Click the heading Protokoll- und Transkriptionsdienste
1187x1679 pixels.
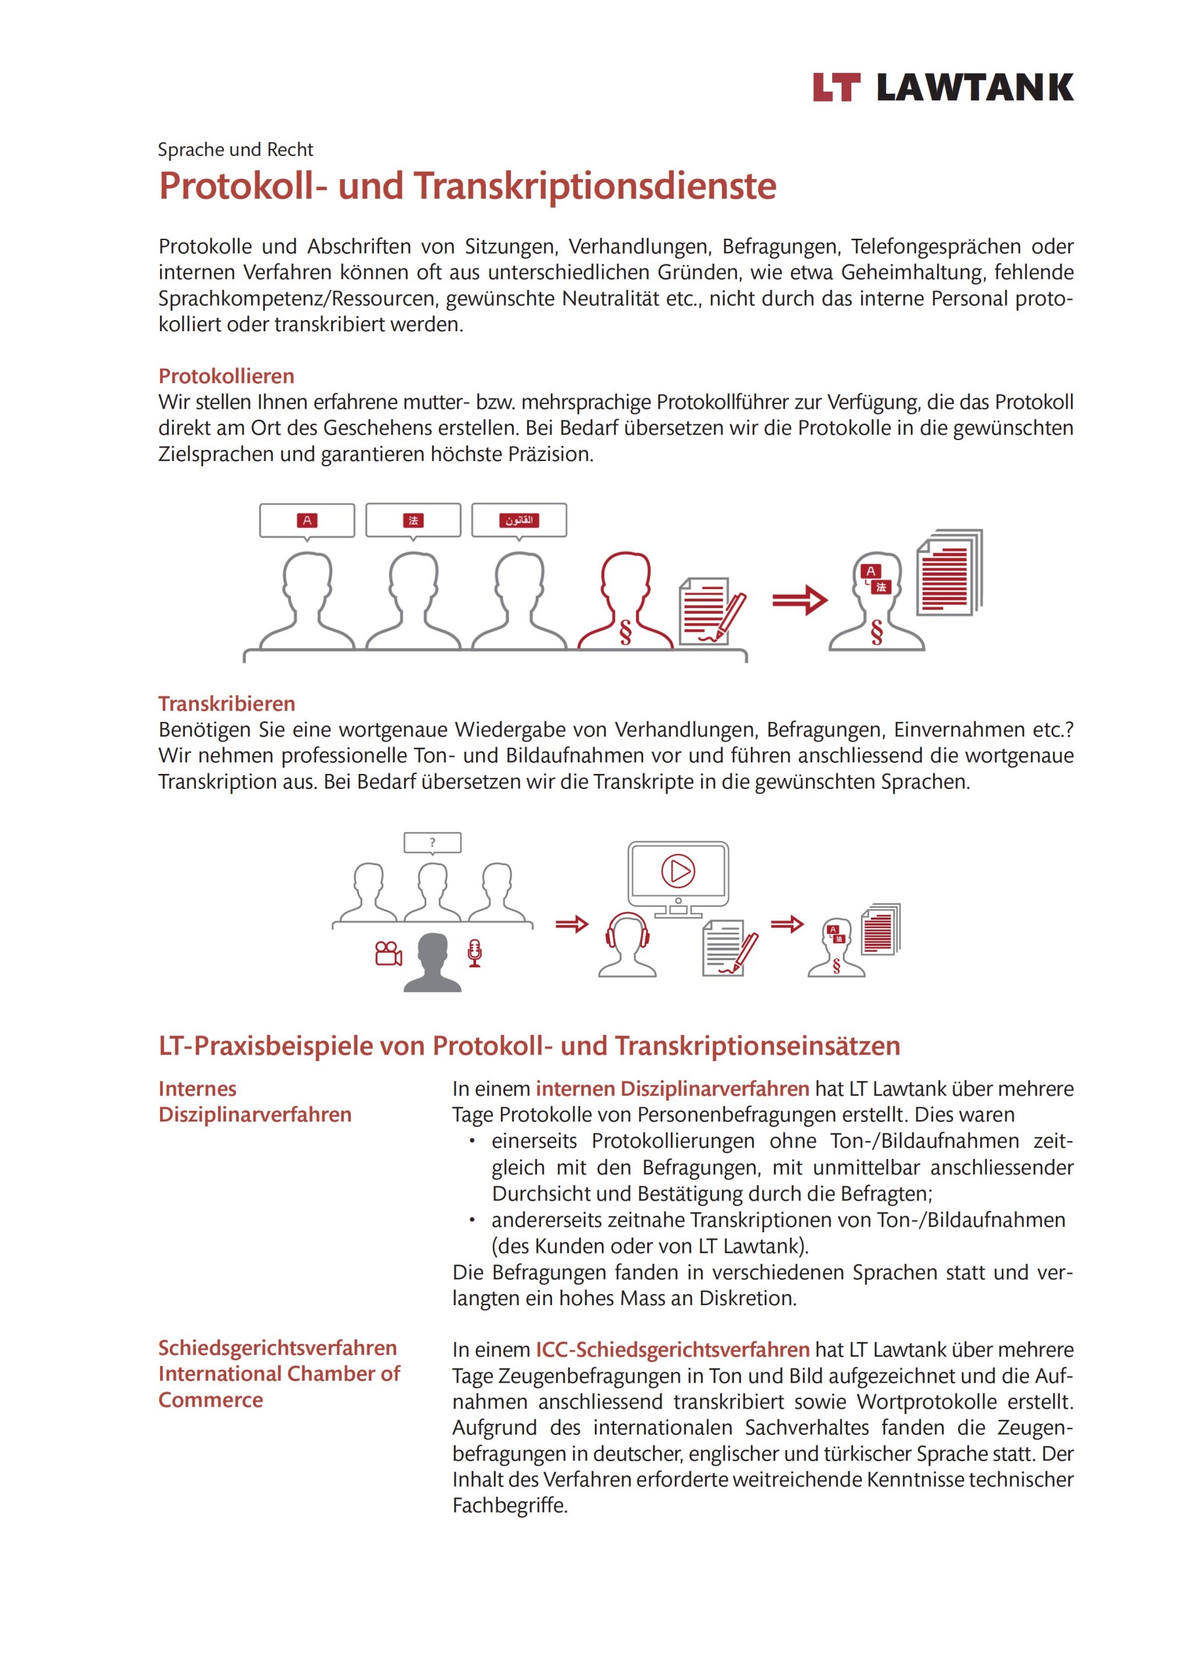[468, 186]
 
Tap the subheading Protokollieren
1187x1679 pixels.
[226, 376]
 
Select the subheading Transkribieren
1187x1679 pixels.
[227, 704]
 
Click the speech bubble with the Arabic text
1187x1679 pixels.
[519, 521]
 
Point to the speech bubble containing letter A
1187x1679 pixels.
[306, 521]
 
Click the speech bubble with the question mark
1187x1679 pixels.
[432, 842]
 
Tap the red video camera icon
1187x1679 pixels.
[388, 954]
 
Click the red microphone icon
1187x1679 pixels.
[475, 953]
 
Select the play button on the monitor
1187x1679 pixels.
[678, 871]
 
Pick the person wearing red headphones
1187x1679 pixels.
[627, 945]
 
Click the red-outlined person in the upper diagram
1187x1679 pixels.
[626, 601]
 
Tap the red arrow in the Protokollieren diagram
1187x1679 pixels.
[799, 600]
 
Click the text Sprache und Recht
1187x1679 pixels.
[235, 150]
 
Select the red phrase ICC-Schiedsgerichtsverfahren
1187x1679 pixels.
[672, 1349]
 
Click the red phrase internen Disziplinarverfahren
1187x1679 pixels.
[672, 1088]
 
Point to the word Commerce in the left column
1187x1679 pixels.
[211, 1400]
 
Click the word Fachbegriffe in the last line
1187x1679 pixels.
[509, 1506]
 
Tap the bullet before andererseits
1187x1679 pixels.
[472, 1220]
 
